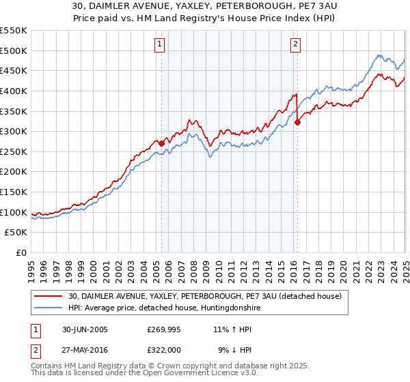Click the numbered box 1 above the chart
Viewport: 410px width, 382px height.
pyautogui.click(x=159, y=45)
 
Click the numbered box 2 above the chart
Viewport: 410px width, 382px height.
pyautogui.click(x=295, y=45)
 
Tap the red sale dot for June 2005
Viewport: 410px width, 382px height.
pyautogui.click(x=162, y=143)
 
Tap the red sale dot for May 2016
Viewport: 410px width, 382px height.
pyautogui.click(x=298, y=123)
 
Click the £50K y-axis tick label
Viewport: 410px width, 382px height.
pyautogui.click(x=16, y=233)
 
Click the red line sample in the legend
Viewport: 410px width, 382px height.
pyautogui.click(x=49, y=296)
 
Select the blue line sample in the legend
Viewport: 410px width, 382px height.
pyautogui.click(x=49, y=308)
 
